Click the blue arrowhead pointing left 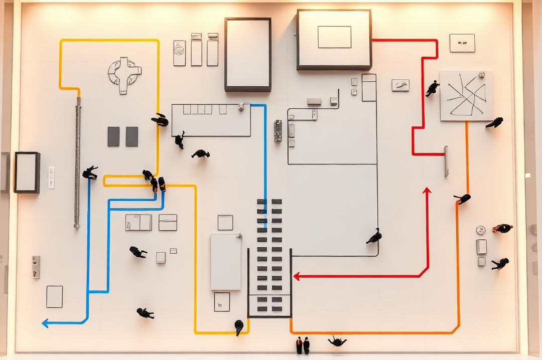(x=45, y=323)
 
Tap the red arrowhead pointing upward (x=427, y=191)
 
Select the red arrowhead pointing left (x=297, y=276)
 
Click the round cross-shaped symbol (x=124, y=75)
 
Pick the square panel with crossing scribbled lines (x=466, y=96)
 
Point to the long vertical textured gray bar (x=78, y=161)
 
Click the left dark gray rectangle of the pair (x=113, y=136)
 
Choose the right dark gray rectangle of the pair (x=132, y=136)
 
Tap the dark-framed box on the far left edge (x=27, y=172)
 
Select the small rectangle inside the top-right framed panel (x=334, y=37)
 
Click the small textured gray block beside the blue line (x=278, y=131)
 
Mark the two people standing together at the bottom (x=303, y=345)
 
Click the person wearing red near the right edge (x=502, y=228)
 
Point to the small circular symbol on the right (x=481, y=230)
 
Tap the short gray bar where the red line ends (x=446, y=161)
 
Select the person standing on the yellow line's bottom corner (x=239, y=327)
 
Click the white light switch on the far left (x=51, y=177)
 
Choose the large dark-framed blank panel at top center (x=248, y=55)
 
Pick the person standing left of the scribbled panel (x=432, y=89)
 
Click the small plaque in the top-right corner (x=462, y=43)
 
